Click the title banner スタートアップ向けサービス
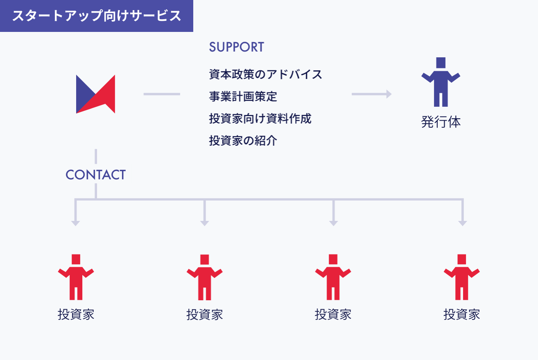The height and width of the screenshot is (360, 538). pyautogui.click(x=97, y=16)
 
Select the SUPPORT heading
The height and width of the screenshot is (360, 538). pyautogui.click(x=236, y=47)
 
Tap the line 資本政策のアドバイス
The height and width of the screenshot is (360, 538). pyautogui.click(x=265, y=74)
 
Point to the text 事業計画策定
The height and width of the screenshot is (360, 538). pyautogui.click(x=243, y=97)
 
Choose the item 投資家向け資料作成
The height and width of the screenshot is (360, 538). pyautogui.click(x=260, y=119)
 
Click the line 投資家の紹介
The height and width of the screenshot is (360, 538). pyautogui.click(x=243, y=141)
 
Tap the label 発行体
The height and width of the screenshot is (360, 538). pyautogui.click(x=441, y=122)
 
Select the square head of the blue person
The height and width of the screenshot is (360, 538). pyautogui.click(x=441, y=63)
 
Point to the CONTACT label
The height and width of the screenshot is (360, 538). pyautogui.click(x=95, y=175)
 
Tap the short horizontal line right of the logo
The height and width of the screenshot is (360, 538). pyautogui.click(x=162, y=94)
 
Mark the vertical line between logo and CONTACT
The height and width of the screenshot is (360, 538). pyautogui.click(x=96, y=156)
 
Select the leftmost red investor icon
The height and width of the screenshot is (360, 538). pyautogui.click(x=76, y=278)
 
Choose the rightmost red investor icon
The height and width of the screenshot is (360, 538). pyautogui.click(x=462, y=278)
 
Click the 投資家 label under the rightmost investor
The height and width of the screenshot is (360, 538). pyautogui.click(x=462, y=314)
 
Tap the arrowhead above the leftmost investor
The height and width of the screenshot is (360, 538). pyautogui.click(x=75, y=223)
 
